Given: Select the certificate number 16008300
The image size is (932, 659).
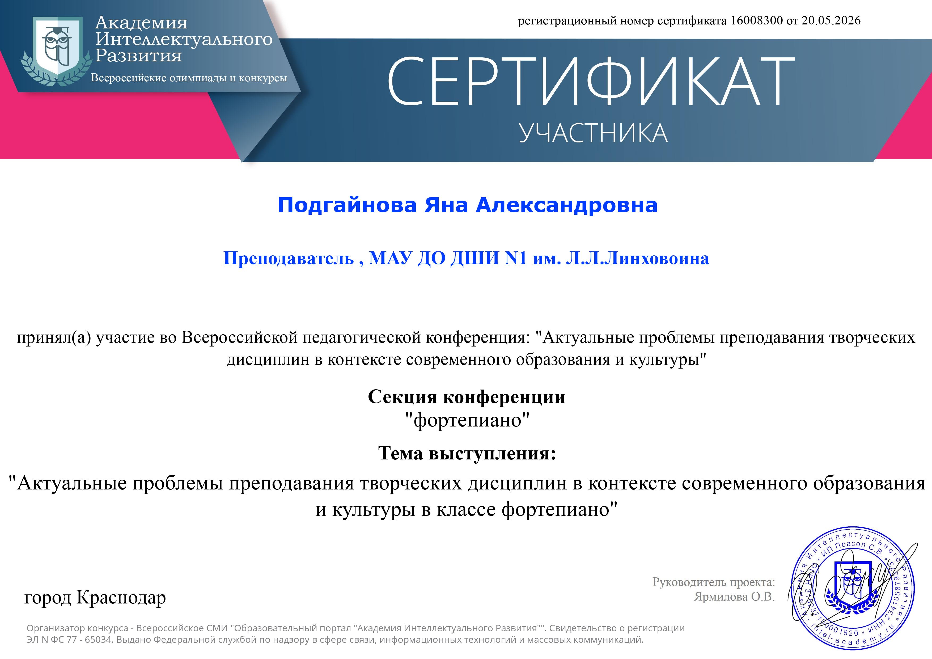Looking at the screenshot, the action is coord(756,20).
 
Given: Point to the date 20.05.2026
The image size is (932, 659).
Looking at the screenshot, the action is coord(831,20).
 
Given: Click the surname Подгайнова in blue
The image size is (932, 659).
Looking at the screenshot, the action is coord(347,205).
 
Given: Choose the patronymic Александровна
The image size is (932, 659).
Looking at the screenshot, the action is coord(567,205).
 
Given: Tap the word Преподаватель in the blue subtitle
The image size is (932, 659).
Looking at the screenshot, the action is coord(289,258).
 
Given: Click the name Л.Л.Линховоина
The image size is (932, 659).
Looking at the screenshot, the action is coord(637,258).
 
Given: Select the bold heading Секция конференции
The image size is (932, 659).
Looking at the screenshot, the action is coord(467,397).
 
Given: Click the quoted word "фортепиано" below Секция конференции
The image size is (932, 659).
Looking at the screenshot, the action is coord(468,420).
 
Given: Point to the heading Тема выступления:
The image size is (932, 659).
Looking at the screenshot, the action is coord(467,453).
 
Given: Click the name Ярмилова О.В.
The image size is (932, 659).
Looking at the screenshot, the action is coord(734,597).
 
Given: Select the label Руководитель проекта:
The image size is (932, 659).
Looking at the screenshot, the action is coord(714,582).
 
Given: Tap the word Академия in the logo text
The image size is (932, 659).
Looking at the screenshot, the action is coord(141,23).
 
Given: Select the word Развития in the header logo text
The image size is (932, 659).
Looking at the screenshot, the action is coord(138,56).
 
